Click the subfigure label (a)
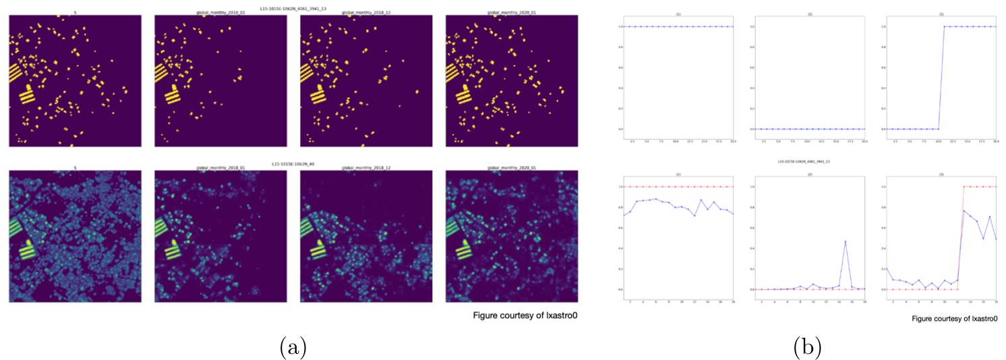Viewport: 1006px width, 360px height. tap(293, 347)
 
